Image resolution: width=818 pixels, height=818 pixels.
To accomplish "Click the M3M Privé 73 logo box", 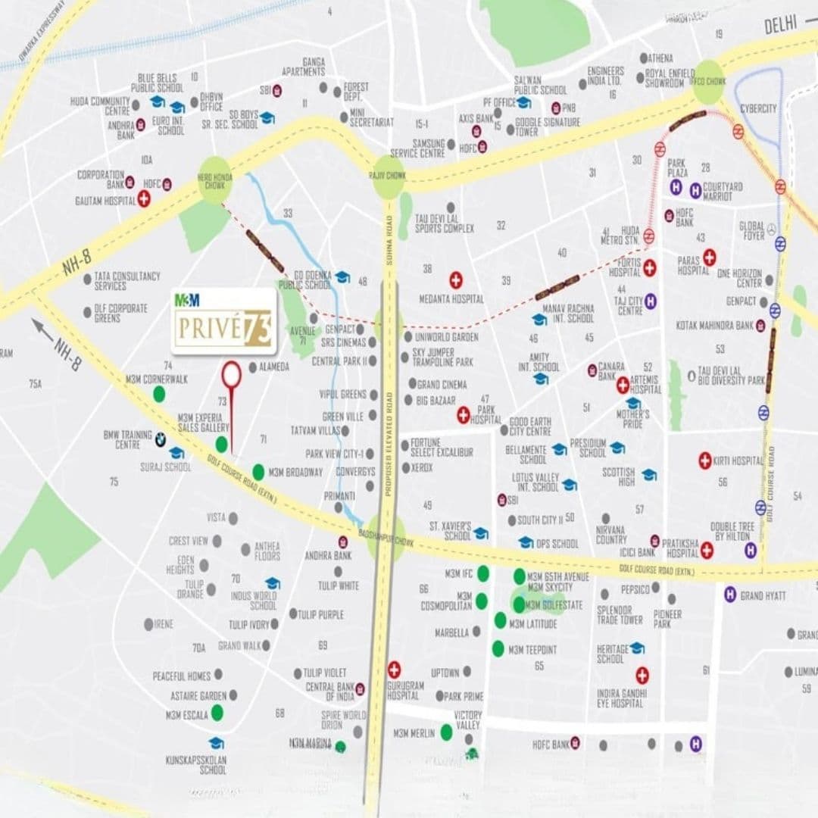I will pos(223,321).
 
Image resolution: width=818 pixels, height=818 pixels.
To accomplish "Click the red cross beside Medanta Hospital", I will pos(455,279).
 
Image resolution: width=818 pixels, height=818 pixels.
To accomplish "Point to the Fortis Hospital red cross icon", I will pos(650,267).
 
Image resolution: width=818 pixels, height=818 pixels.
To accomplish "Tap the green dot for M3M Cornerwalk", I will pos(159,393).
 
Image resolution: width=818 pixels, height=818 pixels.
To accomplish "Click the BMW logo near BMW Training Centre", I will pos(161,439).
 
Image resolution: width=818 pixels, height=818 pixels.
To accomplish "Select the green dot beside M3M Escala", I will pos(217,712).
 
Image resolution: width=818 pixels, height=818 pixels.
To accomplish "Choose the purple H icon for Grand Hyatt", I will pos(730,595).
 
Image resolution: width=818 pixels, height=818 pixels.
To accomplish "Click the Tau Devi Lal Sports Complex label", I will pos(444,223).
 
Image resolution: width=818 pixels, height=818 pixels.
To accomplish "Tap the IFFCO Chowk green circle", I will pos(709,82).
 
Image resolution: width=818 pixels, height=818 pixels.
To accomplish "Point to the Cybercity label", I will pos(758,108).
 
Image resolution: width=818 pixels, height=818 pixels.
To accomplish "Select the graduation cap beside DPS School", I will pos(526,542).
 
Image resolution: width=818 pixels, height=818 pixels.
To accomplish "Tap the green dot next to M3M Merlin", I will pos(447,732).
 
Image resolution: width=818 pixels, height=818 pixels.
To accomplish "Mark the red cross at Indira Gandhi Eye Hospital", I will pos(642,675).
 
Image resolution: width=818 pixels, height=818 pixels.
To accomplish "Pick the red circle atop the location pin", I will pos(231,373).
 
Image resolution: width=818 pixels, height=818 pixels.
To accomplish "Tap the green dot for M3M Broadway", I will pos(258,472).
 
